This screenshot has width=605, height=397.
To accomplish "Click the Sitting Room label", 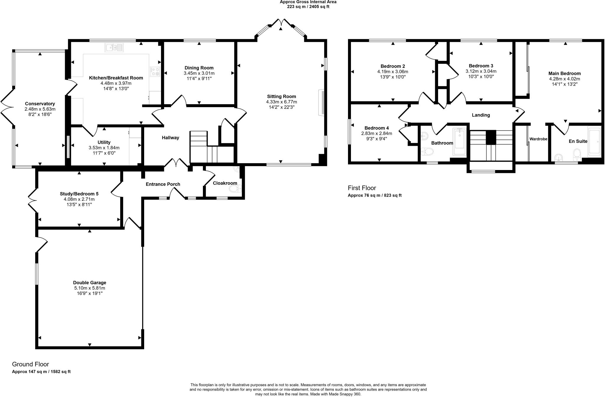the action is (x=281, y=97).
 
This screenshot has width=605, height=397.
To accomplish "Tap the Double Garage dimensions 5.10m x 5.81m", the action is (x=90, y=288).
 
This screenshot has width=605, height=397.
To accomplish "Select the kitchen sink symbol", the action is (x=114, y=47).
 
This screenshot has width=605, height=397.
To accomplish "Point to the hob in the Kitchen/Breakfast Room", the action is (x=155, y=71).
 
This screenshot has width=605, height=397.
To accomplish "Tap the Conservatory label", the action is (x=40, y=104).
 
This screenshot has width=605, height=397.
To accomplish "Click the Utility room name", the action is (x=104, y=142).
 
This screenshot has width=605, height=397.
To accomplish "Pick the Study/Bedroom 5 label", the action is (x=79, y=194).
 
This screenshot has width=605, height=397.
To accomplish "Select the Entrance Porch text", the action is (x=163, y=184).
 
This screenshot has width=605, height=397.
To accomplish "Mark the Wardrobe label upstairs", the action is (x=538, y=139).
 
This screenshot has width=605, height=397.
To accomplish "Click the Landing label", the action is (x=481, y=115).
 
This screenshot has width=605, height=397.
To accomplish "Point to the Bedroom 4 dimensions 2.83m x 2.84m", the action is (x=377, y=133).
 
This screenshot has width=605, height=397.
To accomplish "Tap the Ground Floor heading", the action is (x=30, y=364).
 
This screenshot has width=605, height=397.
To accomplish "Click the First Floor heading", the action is (x=362, y=188).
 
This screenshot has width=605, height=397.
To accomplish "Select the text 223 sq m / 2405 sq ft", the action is (x=308, y=6).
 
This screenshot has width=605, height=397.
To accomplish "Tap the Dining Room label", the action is (x=199, y=68).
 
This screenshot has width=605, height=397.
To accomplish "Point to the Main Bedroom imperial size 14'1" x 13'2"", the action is (x=565, y=84).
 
